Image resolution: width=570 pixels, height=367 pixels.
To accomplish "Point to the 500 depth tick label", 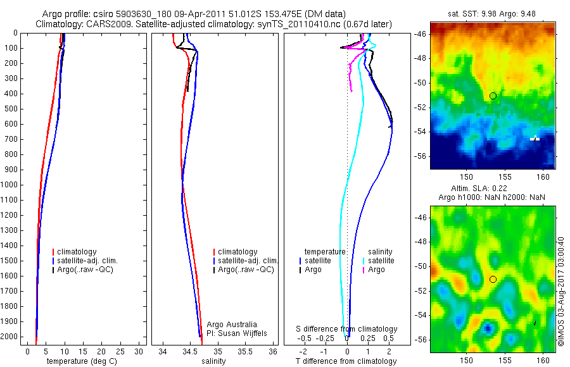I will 11,109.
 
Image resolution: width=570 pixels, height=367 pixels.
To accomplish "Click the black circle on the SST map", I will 493,96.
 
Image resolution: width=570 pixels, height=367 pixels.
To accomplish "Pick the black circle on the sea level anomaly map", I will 493,279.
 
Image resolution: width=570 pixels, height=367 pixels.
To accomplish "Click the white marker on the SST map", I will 535,138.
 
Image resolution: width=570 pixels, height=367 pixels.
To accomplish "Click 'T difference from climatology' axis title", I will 346,361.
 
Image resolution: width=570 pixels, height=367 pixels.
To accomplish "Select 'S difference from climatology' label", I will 347,329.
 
